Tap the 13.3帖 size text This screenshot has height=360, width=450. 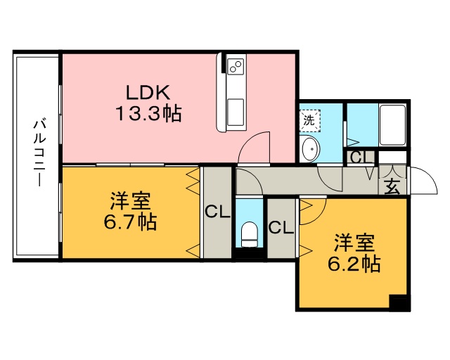point(148,113)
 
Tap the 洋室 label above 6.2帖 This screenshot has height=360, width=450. point(354,243)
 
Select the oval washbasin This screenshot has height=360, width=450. point(309,149)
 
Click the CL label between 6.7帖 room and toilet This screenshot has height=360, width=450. point(217,211)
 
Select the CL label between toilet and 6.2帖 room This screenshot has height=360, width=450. point(281,227)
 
